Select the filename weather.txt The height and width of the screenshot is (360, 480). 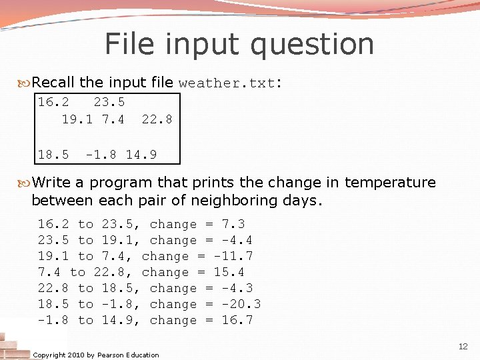coord(227,84)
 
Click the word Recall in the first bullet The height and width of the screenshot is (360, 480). coord(53,83)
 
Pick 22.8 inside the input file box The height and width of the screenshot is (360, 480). coord(157,119)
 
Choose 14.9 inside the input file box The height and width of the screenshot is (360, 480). coord(141,155)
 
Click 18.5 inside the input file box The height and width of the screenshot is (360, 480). coord(53,155)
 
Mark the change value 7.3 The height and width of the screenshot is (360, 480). coord(233,225)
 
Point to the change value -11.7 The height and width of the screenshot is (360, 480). coord(234,257)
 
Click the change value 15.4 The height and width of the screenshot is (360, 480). coord(229,273)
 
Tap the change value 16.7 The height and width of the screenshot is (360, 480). coord(237,321)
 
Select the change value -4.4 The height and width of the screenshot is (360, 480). coord(237,241)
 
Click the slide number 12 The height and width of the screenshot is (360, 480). coord(463,347)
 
